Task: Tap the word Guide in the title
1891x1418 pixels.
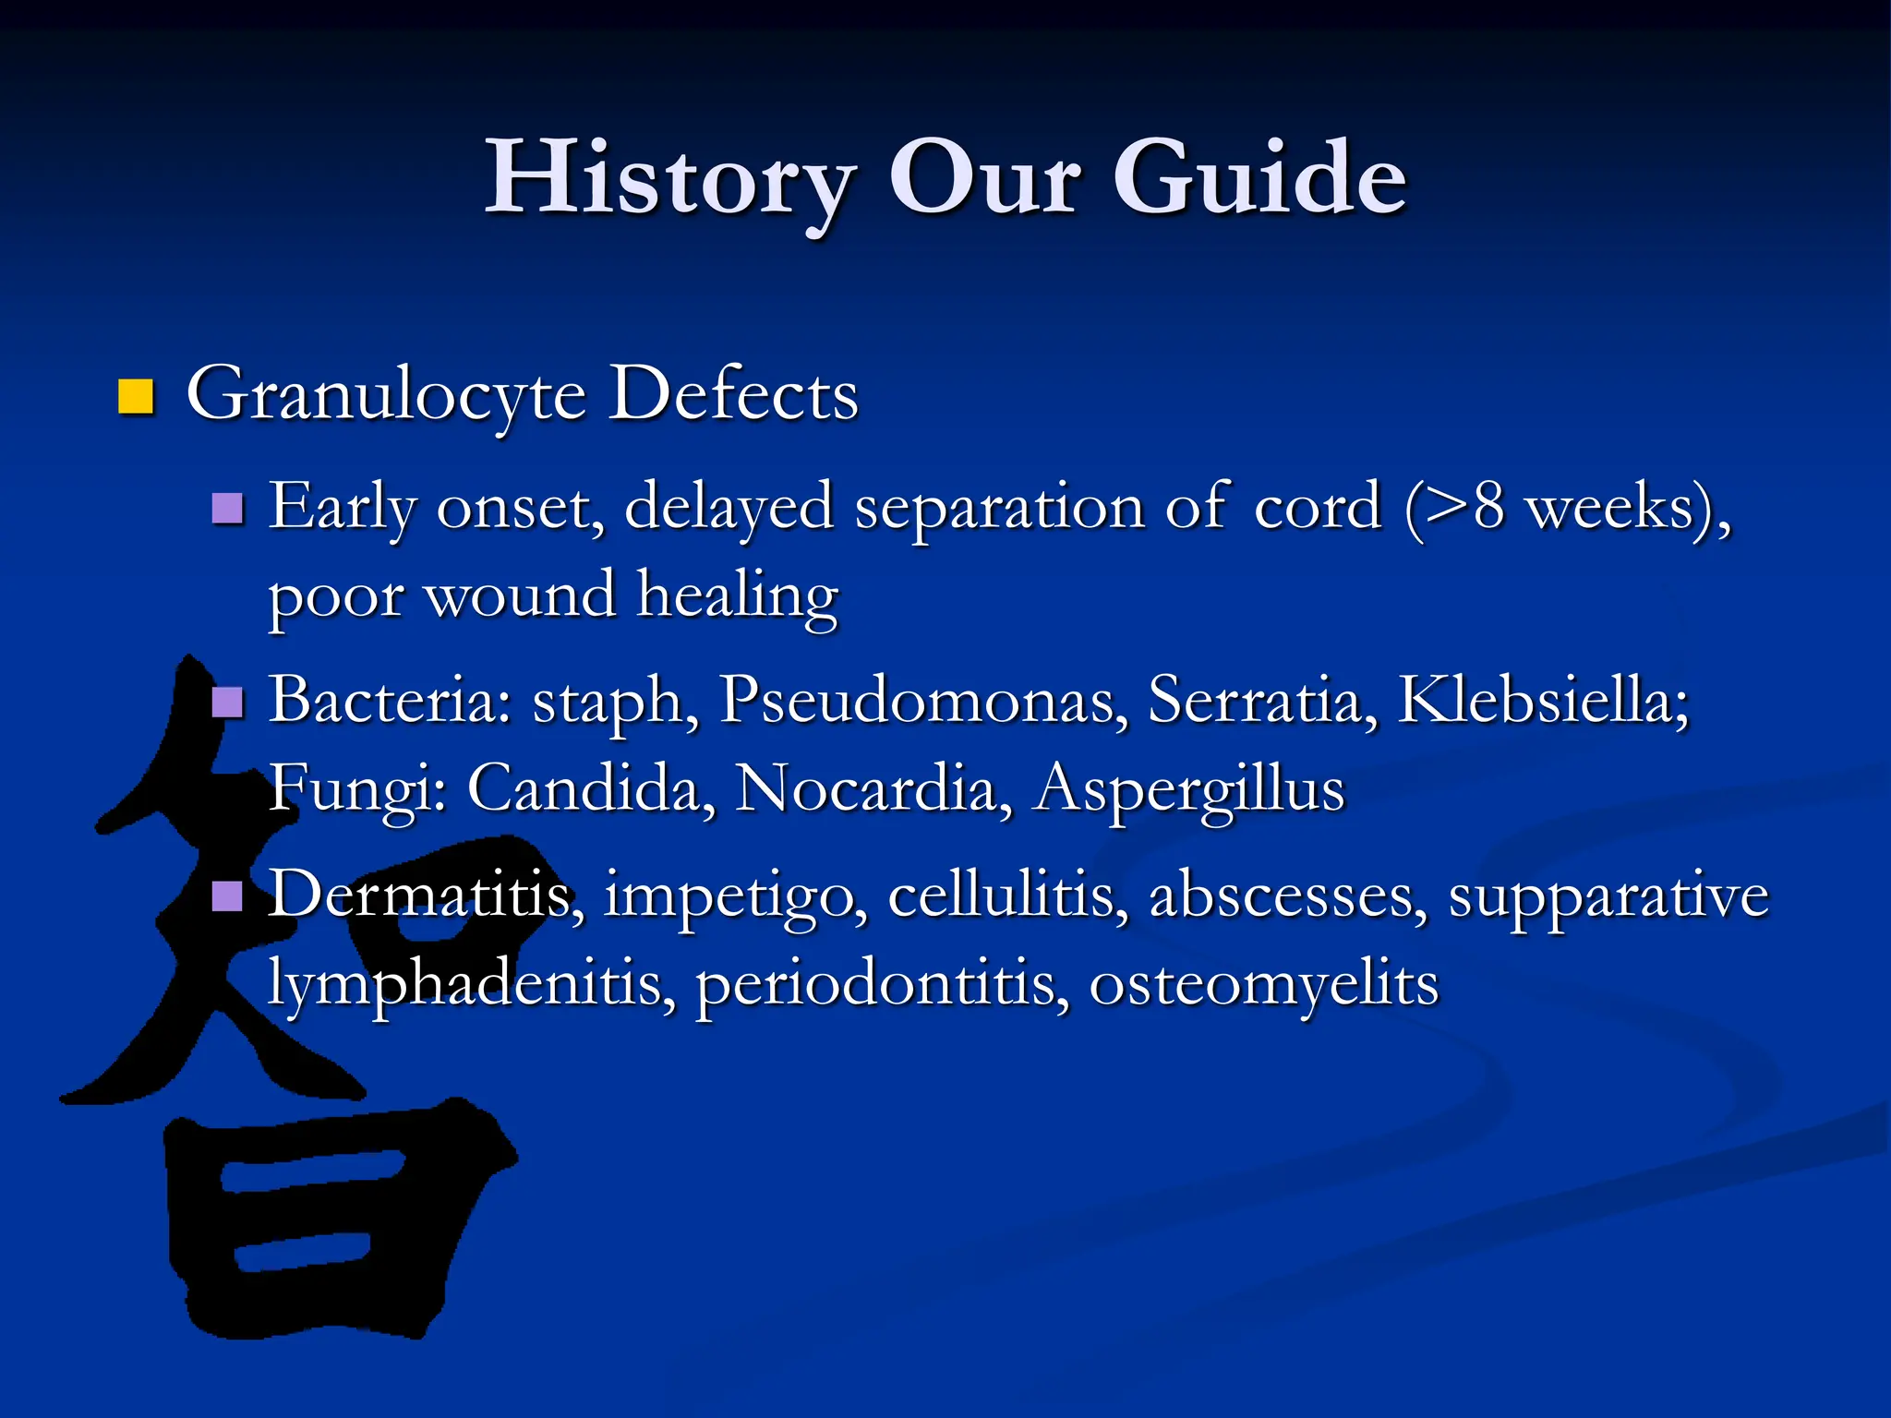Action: click(1259, 177)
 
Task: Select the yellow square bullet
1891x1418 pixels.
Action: click(136, 397)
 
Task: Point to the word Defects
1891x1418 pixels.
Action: click(734, 394)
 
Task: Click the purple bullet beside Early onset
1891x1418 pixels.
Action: click(227, 508)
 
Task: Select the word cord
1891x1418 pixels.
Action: click(1318, 508)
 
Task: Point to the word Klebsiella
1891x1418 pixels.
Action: click(1543, 700)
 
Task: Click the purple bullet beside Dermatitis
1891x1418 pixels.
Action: click(227, 895)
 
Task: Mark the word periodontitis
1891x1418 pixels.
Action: click(882, 985)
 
